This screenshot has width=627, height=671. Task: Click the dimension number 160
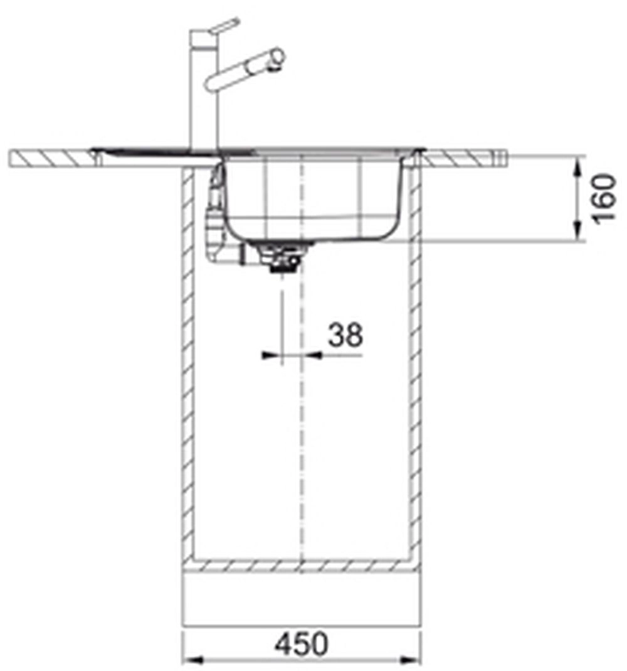coord(604,198)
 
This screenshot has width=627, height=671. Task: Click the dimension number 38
coord(345,335)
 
